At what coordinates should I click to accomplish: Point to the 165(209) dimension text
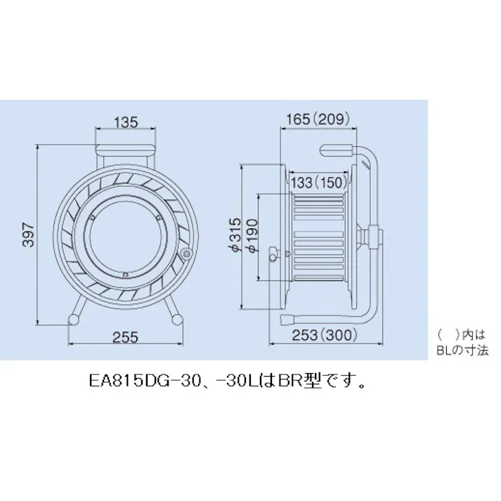pyautogui.click(x=318, y=120)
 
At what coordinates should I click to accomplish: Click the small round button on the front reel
pyautogui.click(x=186, y=254)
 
